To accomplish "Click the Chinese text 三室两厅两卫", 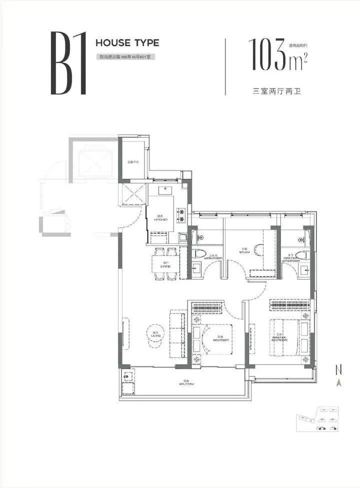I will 278,92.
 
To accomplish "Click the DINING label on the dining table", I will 165,265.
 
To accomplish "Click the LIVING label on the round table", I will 155,333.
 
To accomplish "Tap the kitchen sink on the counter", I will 165,190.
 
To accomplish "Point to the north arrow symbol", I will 338,383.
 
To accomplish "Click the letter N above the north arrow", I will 338,370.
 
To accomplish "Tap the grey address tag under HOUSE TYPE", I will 123,57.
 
